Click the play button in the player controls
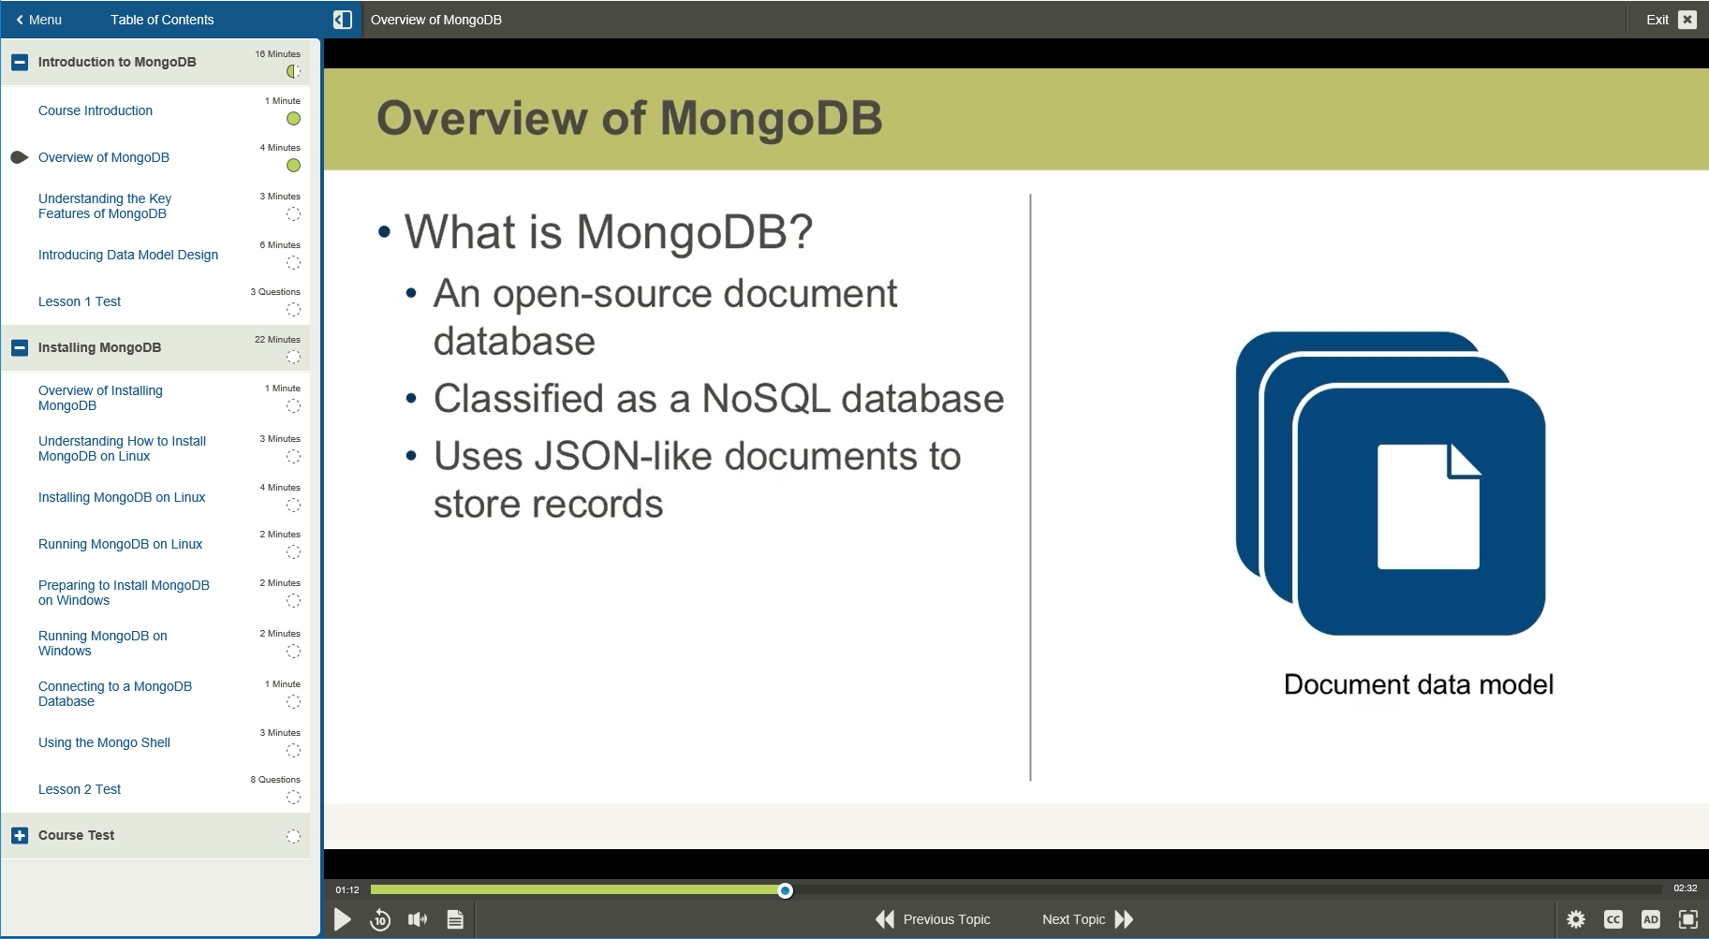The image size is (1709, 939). pos(343,919)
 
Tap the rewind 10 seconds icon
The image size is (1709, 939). pos(380,919)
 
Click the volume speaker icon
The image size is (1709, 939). pos(418,919)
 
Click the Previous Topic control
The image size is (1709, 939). pos(933,919)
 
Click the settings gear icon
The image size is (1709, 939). pos(1576,919)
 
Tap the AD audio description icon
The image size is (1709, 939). pos(1651,919)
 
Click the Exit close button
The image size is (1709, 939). pos(1687,20)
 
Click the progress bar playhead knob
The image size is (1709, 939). pos(786,890)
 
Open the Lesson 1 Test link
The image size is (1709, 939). pos(80,301)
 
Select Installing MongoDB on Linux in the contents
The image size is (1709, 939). pos(122,497)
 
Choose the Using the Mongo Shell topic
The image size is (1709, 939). pos(104,742)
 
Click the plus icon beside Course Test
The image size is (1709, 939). pos(20,835)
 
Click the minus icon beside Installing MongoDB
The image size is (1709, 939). pos(20,347)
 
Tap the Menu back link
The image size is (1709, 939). pos(38,20)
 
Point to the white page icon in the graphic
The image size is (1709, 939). pos(1428,506)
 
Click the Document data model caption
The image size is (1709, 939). pos(1418,684)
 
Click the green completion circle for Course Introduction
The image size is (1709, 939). pos(293,119)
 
